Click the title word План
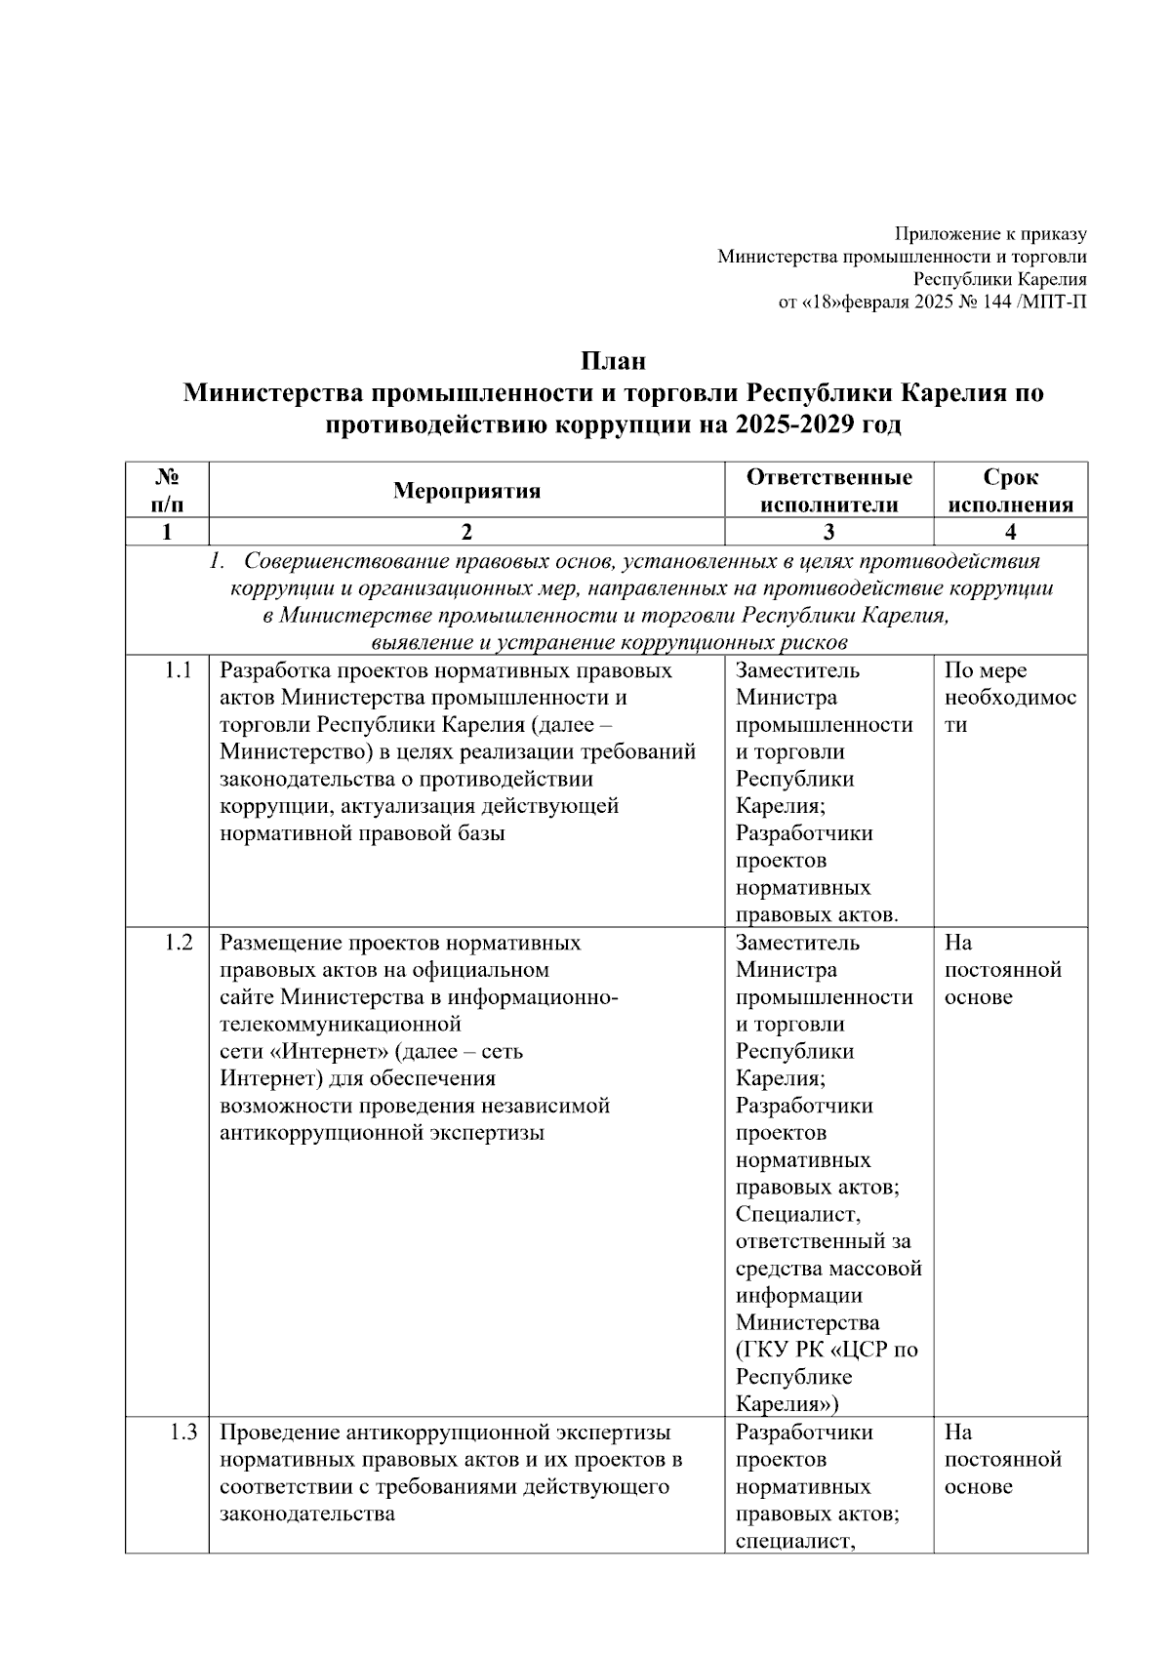tap(614, 361)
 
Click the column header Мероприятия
tap(466, 490)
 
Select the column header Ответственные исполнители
tap(828, 490)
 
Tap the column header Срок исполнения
tap(1010, 490)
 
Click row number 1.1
tap(178, 670)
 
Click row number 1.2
tap(178, 943)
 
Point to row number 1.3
tap(182, 1433)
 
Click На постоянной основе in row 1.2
tap(1002, 970)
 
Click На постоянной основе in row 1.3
tap(1002, 1460)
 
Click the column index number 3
tap(828, 532)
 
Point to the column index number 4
tap(1010, 532)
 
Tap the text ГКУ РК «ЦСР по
tap(827, 1351)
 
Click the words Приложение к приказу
tap(990, 234)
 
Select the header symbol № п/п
tap(167, 490)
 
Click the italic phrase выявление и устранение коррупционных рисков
tap(609, 642)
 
